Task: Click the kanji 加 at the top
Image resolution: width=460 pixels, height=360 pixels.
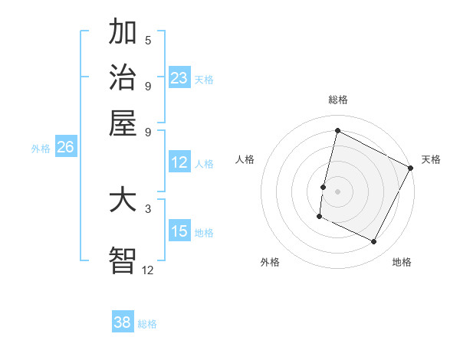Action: pos(123,34)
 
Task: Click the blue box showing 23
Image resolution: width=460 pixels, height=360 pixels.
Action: pos(179,78)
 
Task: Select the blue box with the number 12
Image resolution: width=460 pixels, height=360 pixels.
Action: pos(179,162)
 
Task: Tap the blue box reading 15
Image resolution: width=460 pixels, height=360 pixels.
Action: pos(179,231)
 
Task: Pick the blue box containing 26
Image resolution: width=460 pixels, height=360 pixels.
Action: pos(65,148)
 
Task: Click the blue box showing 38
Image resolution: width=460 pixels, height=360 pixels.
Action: pos(123,322)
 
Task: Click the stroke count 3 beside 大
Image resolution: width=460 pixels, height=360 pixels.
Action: pos(148,208)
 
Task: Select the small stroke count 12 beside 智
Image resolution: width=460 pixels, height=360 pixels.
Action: pos(148,269)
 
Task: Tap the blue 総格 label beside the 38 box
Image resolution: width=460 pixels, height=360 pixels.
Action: pos(147,324)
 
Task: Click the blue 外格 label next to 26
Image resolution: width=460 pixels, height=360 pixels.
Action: pos(41,149)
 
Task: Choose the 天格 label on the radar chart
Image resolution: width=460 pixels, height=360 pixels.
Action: pos(431,159)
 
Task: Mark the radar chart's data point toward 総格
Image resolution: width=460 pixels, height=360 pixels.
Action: pos(337,130)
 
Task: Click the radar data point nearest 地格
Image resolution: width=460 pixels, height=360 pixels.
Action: pos(374,242)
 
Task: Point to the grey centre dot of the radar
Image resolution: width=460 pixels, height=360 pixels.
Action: pos(337,191)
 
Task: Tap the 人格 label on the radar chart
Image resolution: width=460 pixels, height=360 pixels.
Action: pos(245,159)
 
